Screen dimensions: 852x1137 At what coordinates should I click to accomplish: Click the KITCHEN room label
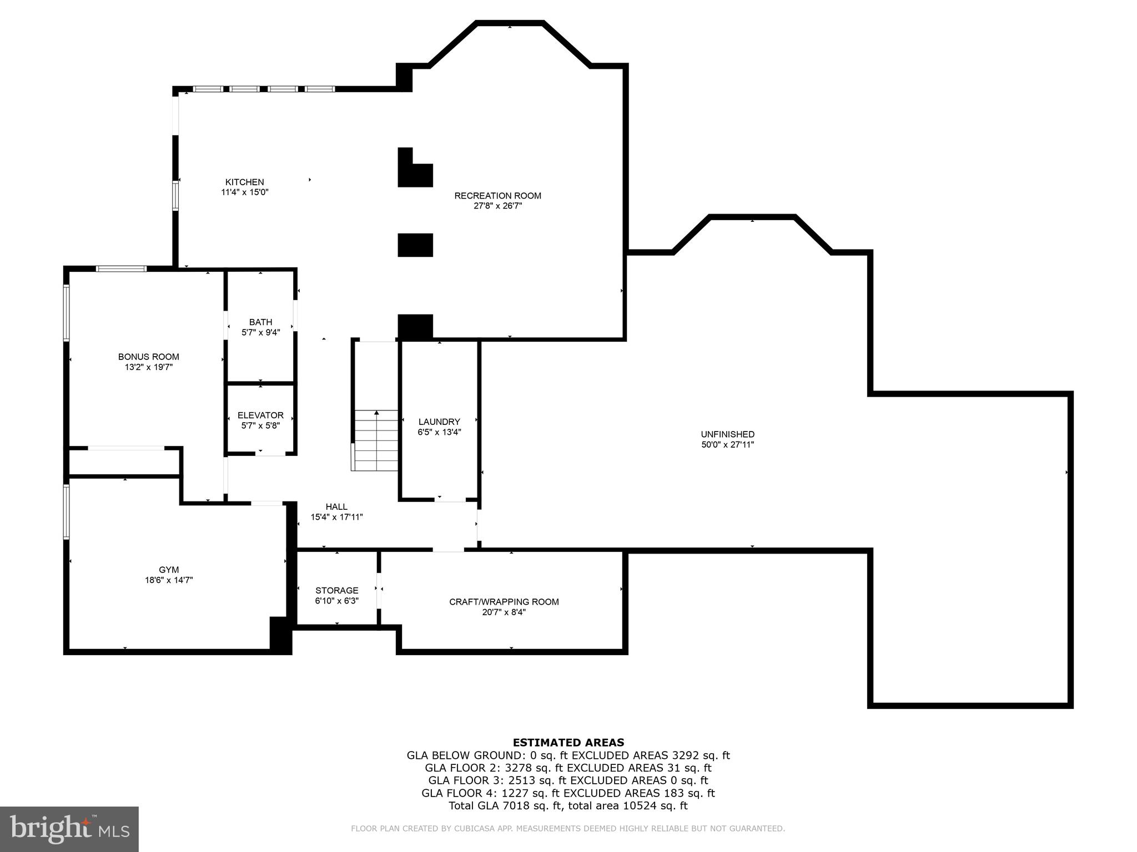244,182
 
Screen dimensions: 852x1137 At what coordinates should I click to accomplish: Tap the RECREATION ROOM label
497,196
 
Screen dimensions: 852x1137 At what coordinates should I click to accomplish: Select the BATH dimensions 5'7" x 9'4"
260,332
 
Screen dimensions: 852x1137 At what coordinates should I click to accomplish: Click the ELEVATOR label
260,415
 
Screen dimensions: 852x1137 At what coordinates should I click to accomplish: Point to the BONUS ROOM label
148,357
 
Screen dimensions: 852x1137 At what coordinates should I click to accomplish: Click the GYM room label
169,570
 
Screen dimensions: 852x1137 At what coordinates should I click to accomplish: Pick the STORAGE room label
336,590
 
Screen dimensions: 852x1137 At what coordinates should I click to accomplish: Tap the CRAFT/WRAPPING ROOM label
504,602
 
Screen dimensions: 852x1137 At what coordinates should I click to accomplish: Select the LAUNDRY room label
439,422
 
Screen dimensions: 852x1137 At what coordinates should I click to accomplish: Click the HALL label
336,506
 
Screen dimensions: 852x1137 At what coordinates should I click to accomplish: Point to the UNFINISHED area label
727,434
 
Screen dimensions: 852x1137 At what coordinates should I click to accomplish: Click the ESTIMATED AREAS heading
568,742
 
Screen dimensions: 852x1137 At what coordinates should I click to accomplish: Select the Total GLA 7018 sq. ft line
568,805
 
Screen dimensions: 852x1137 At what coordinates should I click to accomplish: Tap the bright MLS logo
69,829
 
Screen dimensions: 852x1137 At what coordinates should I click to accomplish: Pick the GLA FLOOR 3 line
568,780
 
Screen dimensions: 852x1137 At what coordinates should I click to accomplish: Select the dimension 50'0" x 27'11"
727,444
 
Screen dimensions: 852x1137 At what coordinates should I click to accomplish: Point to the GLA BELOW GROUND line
568,755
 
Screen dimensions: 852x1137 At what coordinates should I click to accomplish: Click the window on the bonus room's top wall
121,269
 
